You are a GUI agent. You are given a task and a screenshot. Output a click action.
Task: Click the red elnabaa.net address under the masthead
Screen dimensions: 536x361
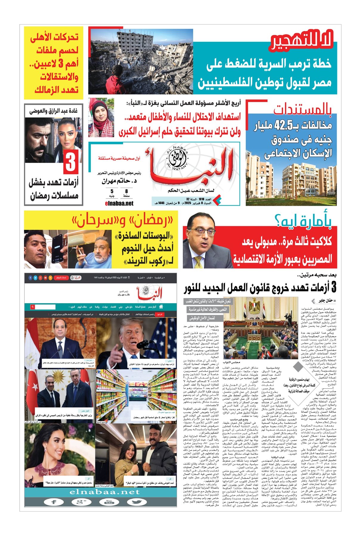pos(119,203)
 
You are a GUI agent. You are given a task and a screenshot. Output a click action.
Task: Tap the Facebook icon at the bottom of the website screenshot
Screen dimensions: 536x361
pos(54,502)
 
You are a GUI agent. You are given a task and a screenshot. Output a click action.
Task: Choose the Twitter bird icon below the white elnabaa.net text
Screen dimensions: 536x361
pos(137,502)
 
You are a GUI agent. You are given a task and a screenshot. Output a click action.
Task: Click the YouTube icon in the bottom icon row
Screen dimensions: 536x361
pos(109,502)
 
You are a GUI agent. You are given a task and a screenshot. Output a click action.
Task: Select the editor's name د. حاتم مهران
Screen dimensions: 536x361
pos(119,181)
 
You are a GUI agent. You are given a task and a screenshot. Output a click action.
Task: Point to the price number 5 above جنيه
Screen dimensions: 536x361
pos(112,191)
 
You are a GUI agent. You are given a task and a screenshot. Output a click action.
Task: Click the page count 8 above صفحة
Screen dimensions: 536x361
pos(126,191)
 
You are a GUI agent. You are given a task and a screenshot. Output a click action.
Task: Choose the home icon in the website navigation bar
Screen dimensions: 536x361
pos(161,307)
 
